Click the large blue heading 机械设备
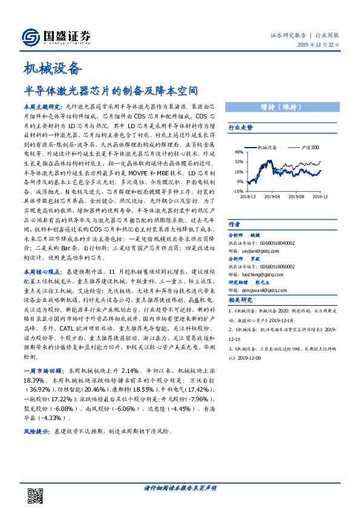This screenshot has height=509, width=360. [51, 67]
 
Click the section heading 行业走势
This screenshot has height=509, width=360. [240, 128]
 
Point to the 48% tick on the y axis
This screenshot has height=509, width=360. [238, 152]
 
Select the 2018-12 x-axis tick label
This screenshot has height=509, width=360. [248, 196]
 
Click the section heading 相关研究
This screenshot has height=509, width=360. [240, 300]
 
